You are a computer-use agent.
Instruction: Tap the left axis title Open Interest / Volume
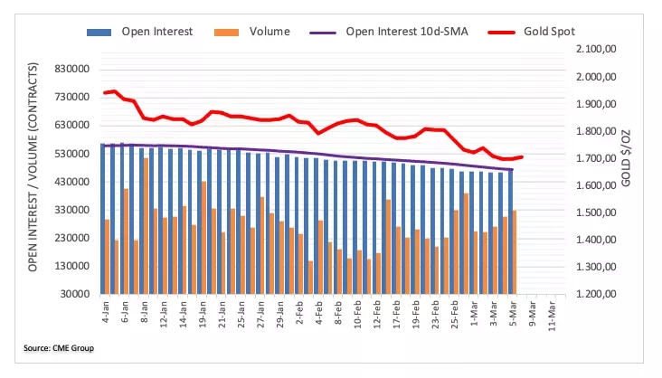click(x=33, y=167)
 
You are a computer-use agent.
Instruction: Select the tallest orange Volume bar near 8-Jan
click(x=146, y=226)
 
